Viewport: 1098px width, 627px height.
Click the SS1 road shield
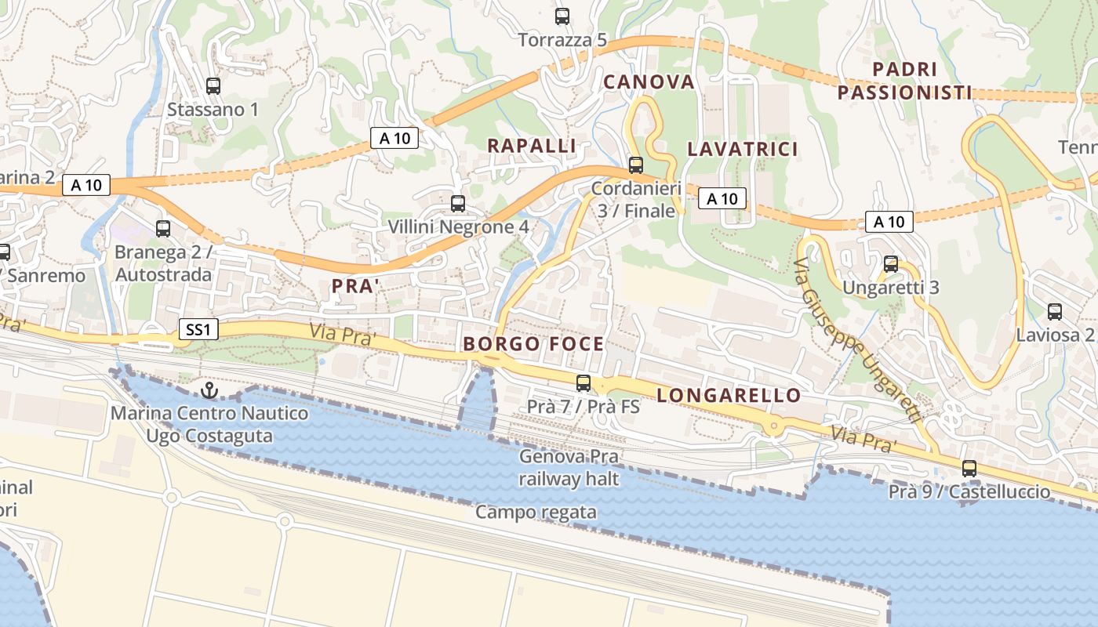tap(198, 329)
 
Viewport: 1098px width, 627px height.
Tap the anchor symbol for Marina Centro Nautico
tap(209, 390)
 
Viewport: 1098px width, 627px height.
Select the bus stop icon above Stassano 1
tap(213, 86)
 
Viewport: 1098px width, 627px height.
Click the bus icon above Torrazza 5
tap(562, 16)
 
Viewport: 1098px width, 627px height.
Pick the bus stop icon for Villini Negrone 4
tap(458, 204)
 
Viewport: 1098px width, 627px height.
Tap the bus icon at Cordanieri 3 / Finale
tap(635, 165)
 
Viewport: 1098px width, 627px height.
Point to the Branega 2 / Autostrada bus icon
tap(163, 229)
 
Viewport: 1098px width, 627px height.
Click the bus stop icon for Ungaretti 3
tap(890, 264)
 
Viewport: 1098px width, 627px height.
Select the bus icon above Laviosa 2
tap(1055, 312)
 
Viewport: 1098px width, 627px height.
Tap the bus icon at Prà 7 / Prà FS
tap(584, 383)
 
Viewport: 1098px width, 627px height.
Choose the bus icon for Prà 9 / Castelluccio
tap(969, 469)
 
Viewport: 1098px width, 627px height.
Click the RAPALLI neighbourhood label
tap(532, 146)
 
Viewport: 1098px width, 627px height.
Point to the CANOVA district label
tap(649, 82)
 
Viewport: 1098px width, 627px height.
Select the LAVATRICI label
tap(742, 149)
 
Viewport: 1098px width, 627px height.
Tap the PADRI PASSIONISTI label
tap(904, 82)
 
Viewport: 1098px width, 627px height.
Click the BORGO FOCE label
tap(533, 343)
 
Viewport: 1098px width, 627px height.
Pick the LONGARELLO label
tap(729, 395)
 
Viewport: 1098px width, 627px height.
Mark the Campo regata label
tap(536, 513)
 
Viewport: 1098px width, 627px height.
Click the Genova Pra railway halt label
tap(569, 468)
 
